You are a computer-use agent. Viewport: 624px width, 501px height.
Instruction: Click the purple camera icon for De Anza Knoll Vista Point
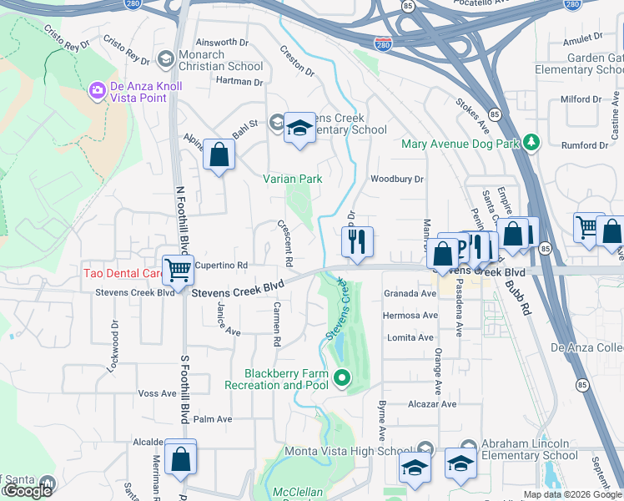pos(97,89)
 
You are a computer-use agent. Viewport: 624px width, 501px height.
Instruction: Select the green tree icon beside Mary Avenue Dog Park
pos(531,143)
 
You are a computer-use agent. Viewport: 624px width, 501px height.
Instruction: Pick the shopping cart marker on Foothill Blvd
pos(178,269)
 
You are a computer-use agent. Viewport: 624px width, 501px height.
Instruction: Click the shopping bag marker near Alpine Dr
pos(219,154)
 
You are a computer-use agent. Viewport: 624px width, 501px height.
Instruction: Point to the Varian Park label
pos(292,178)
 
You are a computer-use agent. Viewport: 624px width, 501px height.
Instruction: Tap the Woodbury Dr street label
pos(397,179)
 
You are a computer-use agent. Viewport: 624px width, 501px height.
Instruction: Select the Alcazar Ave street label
pos(431,403)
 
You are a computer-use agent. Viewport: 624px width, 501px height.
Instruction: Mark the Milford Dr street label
pos(581,99)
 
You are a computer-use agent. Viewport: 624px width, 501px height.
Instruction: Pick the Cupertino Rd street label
pos(223,265)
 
